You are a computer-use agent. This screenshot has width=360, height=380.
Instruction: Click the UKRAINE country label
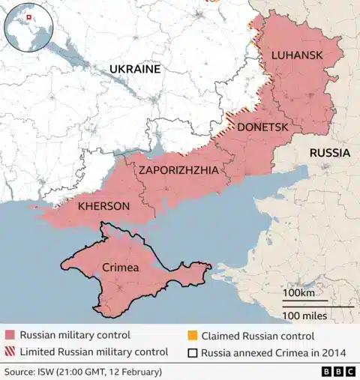pyautogui.click(x=135, y=69)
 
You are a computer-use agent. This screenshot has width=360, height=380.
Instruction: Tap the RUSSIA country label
pyautogui.click(x=329, y=153)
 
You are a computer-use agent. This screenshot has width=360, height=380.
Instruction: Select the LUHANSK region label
pyautogui.click(x=297, y=55)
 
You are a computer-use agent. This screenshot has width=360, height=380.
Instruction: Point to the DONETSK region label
pyautogui.click(x=262, y=127)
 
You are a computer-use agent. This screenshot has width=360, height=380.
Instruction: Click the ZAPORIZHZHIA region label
pyautogui.click(x=178, y=170)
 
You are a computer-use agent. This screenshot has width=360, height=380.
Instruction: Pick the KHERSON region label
pyautogui.click(x=103, y=205)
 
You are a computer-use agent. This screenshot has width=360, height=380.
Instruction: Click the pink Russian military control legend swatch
pyautogui.click(x=10, y=335)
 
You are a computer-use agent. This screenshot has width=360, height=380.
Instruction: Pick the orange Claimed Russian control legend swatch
pyautogui.click(x=192, y=335)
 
